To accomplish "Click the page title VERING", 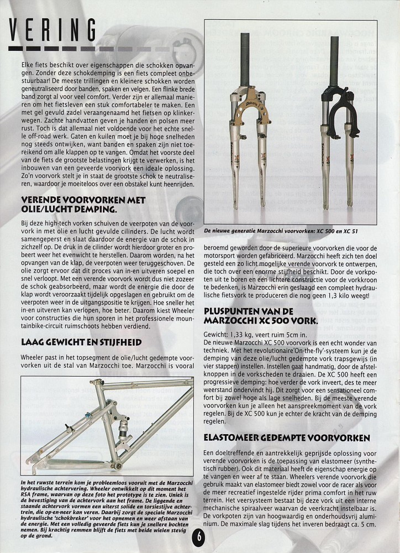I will pyautogui.click(x=53, y=29).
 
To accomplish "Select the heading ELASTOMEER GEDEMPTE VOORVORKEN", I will pyautogui.click(x=287, y=437).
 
